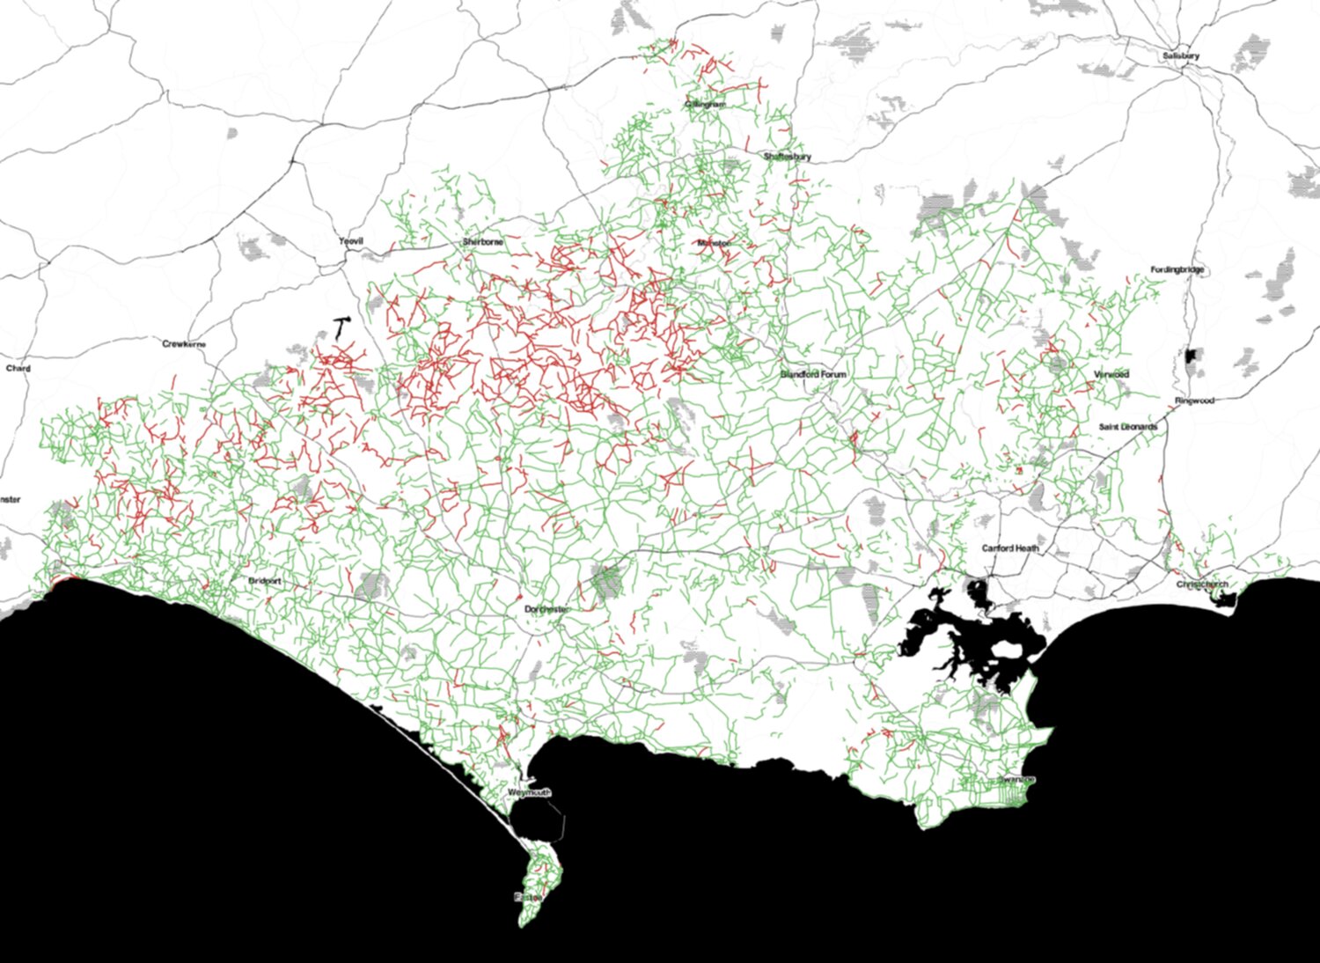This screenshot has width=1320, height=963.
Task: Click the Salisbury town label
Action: (x=1180, y=55)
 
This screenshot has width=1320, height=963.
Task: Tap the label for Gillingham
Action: (x=706, y=104)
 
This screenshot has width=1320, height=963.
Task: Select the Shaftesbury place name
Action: (x=787, y=157)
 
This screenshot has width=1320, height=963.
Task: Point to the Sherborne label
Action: (x=482, y=241)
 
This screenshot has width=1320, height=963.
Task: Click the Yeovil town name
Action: (x=351, y=240)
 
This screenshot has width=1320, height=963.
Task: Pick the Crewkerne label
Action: (x=184, y=344)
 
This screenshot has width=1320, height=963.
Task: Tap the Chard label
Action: (x=18, y=368)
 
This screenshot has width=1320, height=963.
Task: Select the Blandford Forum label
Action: (x=813, y=374)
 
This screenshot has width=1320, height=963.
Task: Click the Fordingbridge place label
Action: (x=1177, y=269)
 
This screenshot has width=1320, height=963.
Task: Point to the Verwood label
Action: (x=1111, y=374)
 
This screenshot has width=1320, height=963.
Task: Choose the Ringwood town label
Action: (x=1194, y=401)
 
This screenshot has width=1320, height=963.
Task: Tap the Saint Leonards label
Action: (x=1127, y=427)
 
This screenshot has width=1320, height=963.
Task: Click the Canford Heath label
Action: (x=1010, y=548)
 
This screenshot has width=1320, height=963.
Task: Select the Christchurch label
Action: (x=1201, y=584)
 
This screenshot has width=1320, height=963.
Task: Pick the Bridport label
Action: (x=265, y=582)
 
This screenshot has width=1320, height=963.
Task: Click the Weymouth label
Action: (x=530, y=793)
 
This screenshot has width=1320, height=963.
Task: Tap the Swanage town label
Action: (x=1016, y=780)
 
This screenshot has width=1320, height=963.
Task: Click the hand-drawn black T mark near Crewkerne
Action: (x=341, y=327)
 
